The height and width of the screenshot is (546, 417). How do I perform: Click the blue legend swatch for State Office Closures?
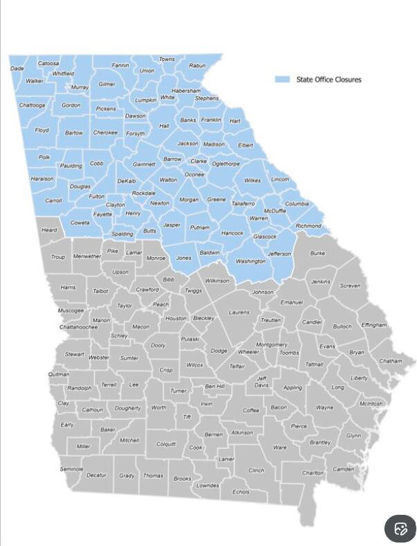pyautogui.click(x=282, y=80)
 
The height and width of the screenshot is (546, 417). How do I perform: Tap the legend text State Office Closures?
pyautogui.click(x=328, y=80)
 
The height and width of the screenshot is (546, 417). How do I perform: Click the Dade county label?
pyautogui.click(x=17, y=69)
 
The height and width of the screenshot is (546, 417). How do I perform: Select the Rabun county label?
pyautogui.click(x=197, y=66)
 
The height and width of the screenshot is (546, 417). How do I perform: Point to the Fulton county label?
pyautogui.click(x=96, y=197)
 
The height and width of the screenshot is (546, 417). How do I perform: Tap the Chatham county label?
pyautogui.click(x=390, y=361)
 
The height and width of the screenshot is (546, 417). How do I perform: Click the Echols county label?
pyautogui.click(x=240, y=492)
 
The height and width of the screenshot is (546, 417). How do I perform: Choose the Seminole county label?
pyautogui.click(x=71, y=469)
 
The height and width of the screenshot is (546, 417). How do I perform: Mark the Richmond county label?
pyautogui.click(x=308, y=226)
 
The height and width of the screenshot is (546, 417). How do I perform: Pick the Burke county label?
pyautogui.click(x=317, y=254)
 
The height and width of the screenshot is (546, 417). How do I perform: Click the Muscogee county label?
pyautogui.click(x=71, y=310)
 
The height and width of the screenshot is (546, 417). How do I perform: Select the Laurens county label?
pyautogui.click(x=239, y=312)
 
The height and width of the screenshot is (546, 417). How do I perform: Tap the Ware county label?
pyautogui.click(x=280, y=448)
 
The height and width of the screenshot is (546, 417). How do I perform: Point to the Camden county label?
pyautogui.click(x=344, y=469)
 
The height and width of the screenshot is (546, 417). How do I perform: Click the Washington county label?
pyautogui.click(x=250, y=261)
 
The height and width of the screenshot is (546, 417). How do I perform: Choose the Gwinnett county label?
pyautogui.click(x=144, y=164)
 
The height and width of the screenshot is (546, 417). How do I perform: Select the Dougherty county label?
pyautogui.click(x=127, y=408)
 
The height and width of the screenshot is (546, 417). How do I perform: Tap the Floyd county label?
pyautogui.click(x=42, y=130)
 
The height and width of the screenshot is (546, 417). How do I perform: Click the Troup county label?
pyautogui.click(x=57, y=257)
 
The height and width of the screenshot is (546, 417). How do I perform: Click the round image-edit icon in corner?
pyautogui.click(x=400, y=529)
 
